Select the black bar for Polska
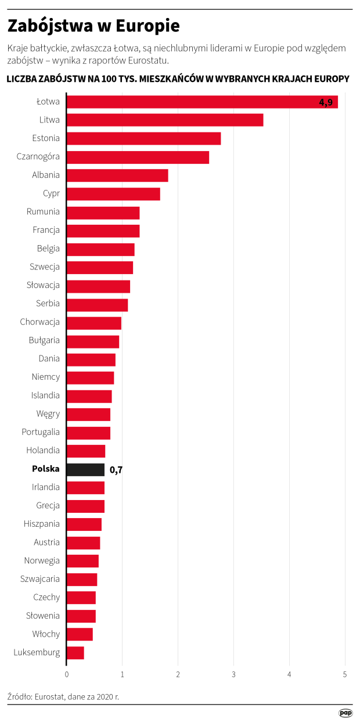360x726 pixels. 85,469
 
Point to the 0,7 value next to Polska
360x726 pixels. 116,470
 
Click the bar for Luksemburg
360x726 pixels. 75,653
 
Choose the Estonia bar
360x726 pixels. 143,138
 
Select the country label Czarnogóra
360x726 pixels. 39,157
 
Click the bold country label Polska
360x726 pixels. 46,469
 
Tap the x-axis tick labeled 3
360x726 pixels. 234,674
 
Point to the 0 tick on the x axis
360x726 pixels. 67,674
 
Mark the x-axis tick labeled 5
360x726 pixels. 345,674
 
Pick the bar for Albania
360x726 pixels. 117,175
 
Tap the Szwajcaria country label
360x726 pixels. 40,579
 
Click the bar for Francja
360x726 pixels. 103,231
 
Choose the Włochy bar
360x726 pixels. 80,634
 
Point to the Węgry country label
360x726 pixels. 48,414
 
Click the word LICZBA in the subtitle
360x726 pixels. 23,78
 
